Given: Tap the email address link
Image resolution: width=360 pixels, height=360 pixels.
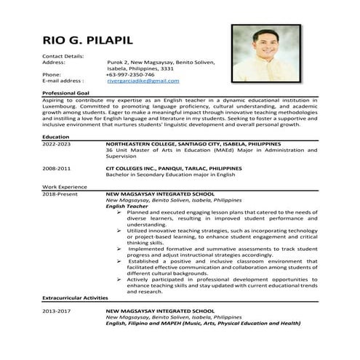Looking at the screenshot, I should click(143, 81).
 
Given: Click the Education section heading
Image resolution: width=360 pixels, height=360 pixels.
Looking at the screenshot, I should click(56, 137).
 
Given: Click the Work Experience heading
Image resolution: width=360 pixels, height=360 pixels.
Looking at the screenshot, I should click(65, 187).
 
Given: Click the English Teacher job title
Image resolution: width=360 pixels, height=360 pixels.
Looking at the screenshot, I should click(127, 206).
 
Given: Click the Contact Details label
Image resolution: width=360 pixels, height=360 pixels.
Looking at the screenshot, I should click(63, 56).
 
